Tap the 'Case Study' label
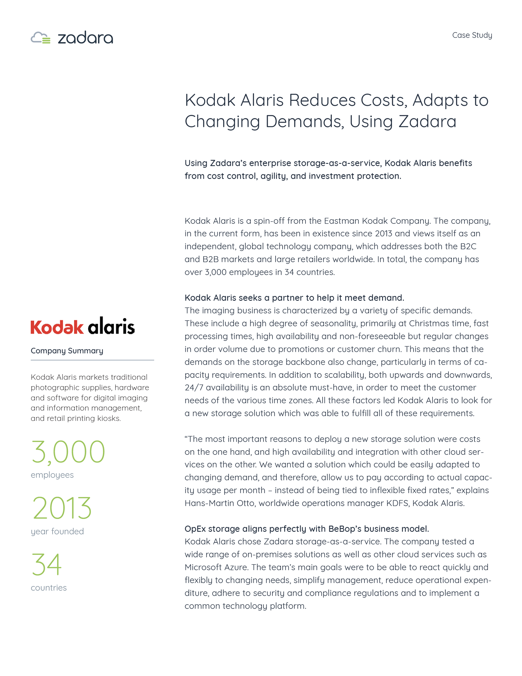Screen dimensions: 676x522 click(472, 35)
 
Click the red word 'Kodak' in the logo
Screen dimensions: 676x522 click(57, 327)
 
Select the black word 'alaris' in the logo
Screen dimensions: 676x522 click(111, 326)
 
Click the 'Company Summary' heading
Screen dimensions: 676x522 click(67, 351)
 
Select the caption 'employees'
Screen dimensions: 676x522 click(52, 475)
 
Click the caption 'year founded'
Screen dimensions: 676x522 click(57, 532)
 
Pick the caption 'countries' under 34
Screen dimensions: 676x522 click(49, 588)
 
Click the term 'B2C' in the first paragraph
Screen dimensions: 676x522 click(468, 246)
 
